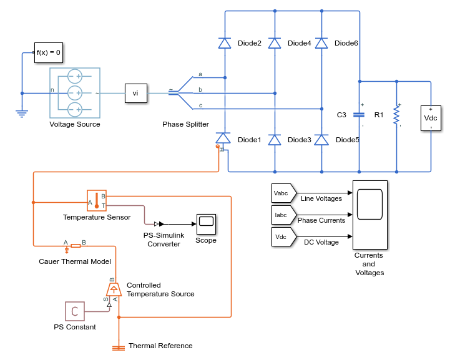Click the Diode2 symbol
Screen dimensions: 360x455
tap(225, 43)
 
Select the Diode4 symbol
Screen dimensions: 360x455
tap(275, 43)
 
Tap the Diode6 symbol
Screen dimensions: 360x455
tap(321, 43)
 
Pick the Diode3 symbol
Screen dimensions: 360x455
tap(275, 139)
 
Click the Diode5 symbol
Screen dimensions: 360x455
tap(321, 139)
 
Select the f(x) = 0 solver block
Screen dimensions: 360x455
tap(48, 52)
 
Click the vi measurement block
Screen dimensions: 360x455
tap(135, 93)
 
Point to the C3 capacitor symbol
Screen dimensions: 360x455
tap(360, 115)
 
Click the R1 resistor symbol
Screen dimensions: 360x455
tap(396, 115)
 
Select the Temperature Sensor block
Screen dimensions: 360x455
tap(97, 201)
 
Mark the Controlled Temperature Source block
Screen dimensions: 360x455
tap(114, 289)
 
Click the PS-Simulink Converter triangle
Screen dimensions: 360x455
tap(160, 223)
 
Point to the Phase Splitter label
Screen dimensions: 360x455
tap(185, 124)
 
